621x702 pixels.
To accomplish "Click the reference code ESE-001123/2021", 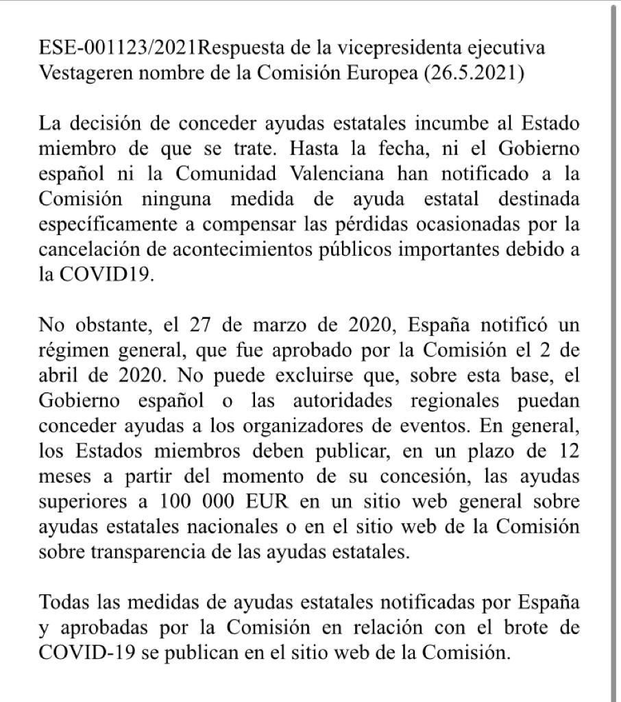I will click(118, 49).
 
